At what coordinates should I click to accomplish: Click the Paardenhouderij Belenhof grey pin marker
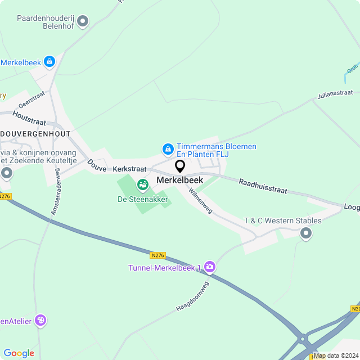tap(83, 22)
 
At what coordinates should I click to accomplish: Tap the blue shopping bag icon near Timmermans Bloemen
tap(167, 149)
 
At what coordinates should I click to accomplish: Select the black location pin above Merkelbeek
tap(180, 166)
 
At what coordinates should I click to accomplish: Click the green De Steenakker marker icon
tap(142, 184)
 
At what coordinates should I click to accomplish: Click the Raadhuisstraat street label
tap(263, 187)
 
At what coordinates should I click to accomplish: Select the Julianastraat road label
tap(335, 93)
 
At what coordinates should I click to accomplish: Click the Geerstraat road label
tap(31, 101)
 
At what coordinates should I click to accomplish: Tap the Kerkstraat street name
tap(129, 169)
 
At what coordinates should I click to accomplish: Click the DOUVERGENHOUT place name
tap(35, 134)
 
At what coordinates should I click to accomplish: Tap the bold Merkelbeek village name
tap(179, 181)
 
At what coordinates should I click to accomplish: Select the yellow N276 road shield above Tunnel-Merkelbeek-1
tap(159, 255)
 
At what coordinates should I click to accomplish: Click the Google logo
tap(19, 353)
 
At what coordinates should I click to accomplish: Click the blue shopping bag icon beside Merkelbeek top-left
tap(49, 61)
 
